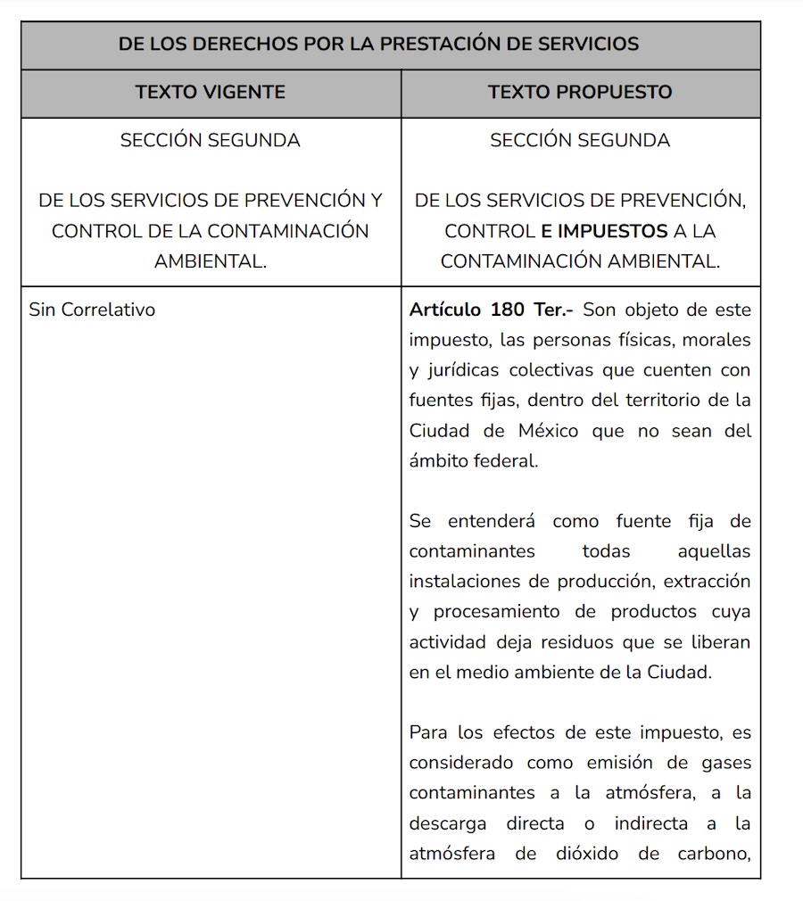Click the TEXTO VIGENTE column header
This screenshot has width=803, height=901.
coord(211,92)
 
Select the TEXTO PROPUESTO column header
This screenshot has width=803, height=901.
coord(580,92)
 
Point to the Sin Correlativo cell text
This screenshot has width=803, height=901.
coord(92,310)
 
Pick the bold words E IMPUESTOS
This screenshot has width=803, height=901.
coord(604,231)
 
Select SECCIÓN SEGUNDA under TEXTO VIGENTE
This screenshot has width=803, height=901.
coord(211,140)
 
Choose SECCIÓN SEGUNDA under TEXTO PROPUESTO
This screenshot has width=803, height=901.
coord(580,140)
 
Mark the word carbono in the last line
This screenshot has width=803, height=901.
coord(712,853)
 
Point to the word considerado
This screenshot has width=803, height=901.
coord(461,762)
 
